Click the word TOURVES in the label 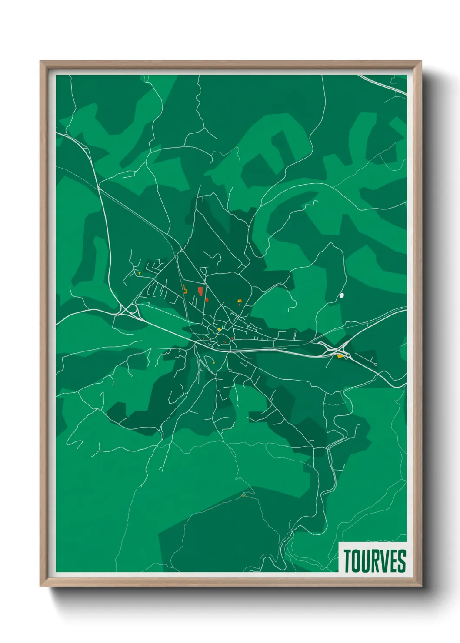click(374, 561)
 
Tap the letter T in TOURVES click(348, 561)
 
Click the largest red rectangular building click(200, 291)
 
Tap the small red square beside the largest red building click(207, 299)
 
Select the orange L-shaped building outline click(185, 289)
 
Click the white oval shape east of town click(342, 295)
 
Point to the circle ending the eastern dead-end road click(376, 365)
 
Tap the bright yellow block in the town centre click(219, 329)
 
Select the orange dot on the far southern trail click(243, 495)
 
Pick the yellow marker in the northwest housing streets click(140, 273)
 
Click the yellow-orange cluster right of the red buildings click(240, 301)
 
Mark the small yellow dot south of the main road click(213, 362)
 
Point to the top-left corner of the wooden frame click(40, 61)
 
